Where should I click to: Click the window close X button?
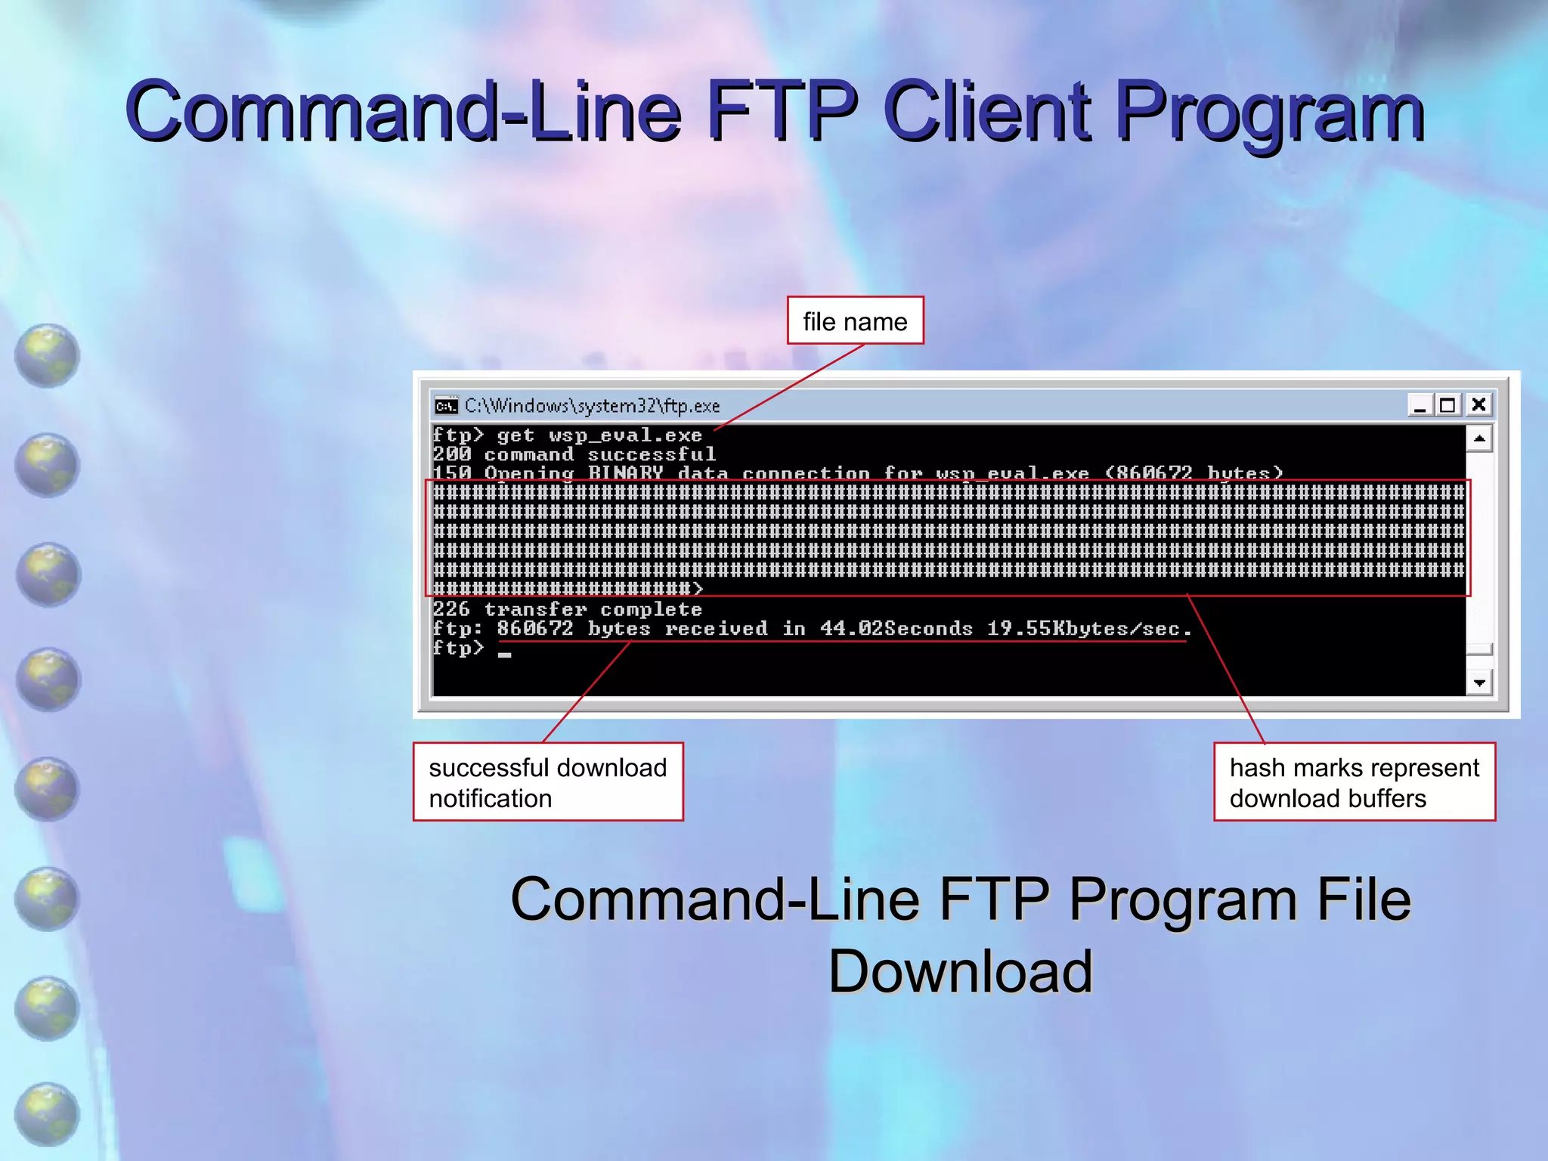coord(1478,405)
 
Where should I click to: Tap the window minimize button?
coord(1420,405)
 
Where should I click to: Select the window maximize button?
coord(1447,405)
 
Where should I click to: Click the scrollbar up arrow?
coord(1479,438)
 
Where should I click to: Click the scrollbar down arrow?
coord(1479,683)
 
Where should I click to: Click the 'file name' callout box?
coord(855,321)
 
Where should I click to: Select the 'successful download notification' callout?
coord(548,782)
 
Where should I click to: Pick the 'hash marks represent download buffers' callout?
coord(1354,782)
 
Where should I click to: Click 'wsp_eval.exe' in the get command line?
coord(625,435)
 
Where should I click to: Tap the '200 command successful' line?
coord(574,454)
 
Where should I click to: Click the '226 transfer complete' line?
coord(567,609)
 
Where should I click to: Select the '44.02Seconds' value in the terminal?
coord(896,628)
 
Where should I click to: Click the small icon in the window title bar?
coord(446,406)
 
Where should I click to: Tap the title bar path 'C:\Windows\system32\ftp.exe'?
coord(592,406)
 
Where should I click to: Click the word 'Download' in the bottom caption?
coord(961,971)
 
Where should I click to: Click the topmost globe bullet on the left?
coord(47,355)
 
